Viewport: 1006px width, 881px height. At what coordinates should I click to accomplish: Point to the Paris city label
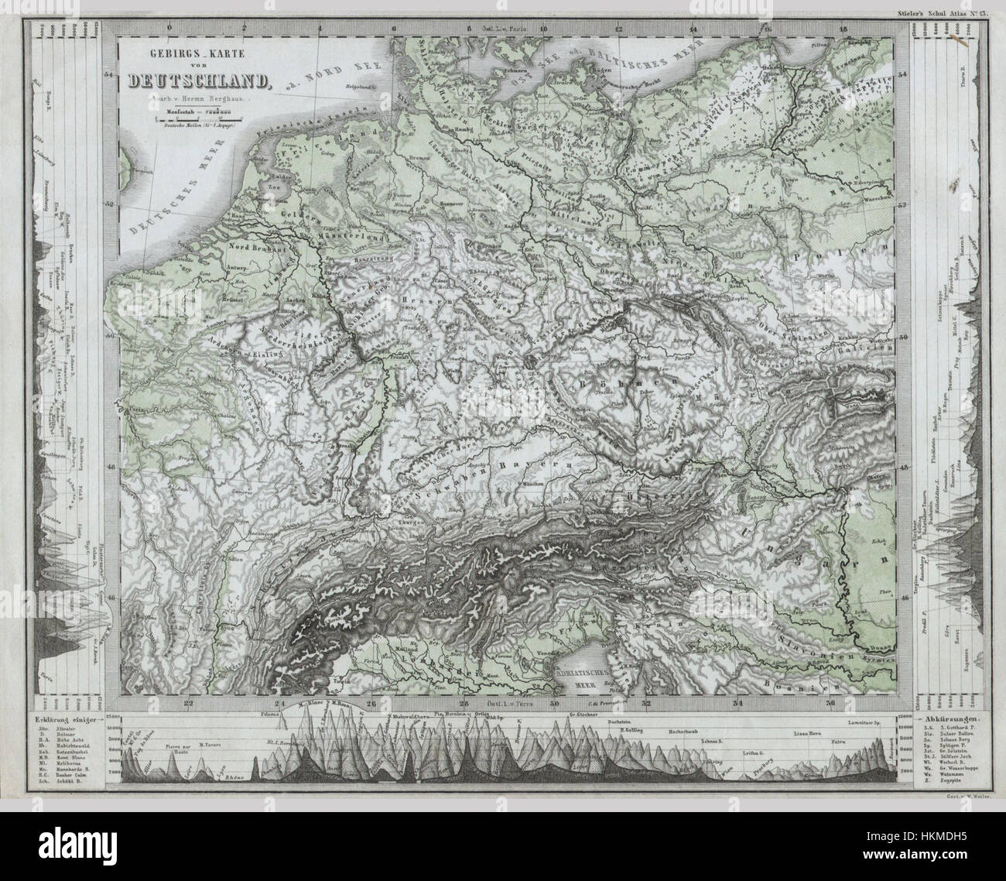[x=132, y=404]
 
